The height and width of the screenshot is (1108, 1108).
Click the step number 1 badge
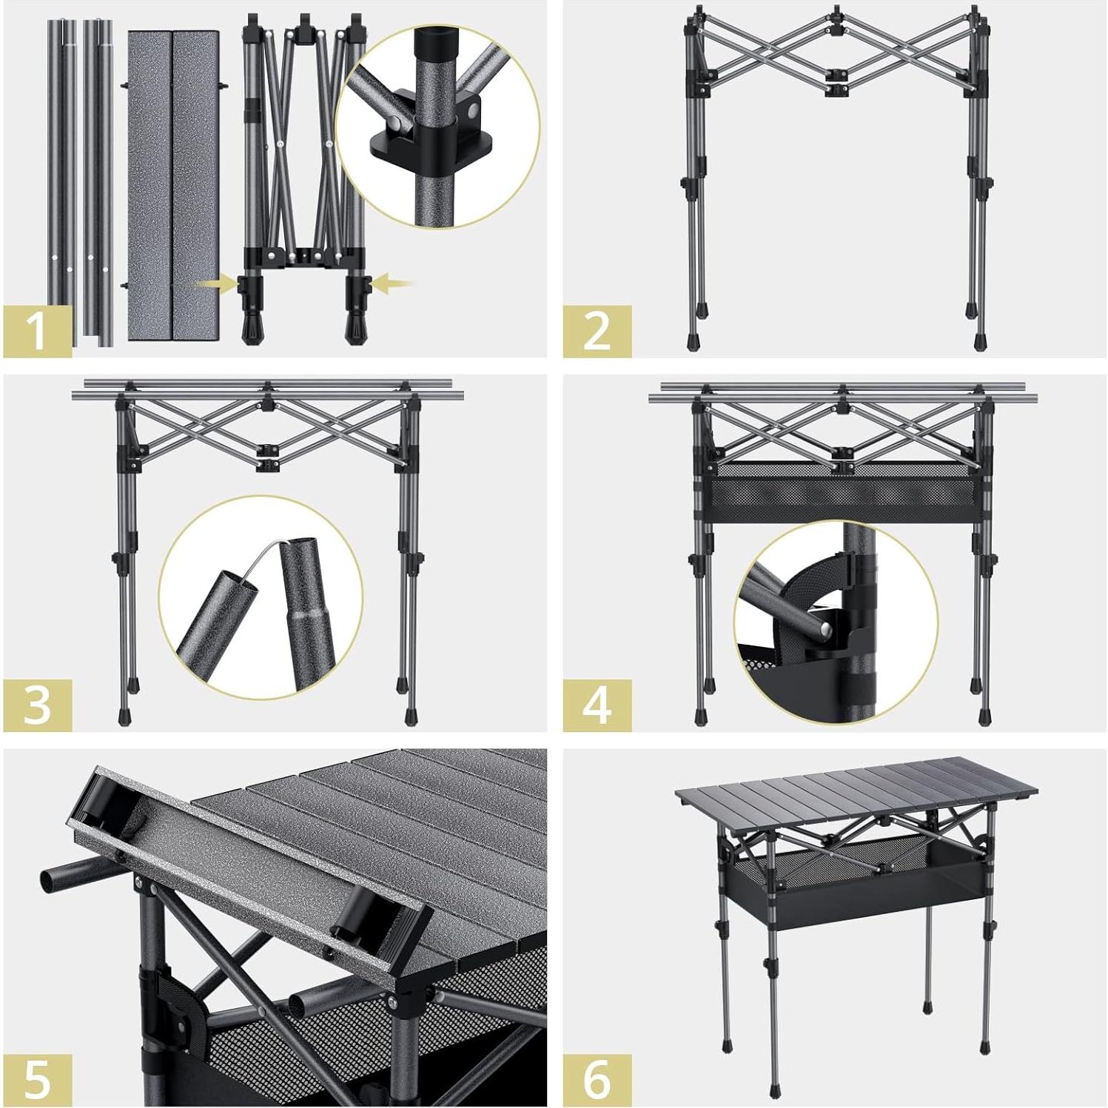click(38, 331)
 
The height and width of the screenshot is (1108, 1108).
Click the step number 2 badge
click(597, 331)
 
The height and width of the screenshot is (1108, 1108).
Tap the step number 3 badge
click(38, 705)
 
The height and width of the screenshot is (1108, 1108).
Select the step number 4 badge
click(597, 705)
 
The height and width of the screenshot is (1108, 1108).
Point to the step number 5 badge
click(38, 1079)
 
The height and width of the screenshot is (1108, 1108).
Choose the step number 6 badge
click(597, 1079)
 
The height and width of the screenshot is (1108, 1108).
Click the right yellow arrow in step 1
click(392, 282)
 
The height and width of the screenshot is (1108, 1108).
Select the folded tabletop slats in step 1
click(173, 185)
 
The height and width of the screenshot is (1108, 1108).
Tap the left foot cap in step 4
click(700, 716)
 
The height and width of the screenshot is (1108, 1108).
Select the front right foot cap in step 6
click(984, 1047)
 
